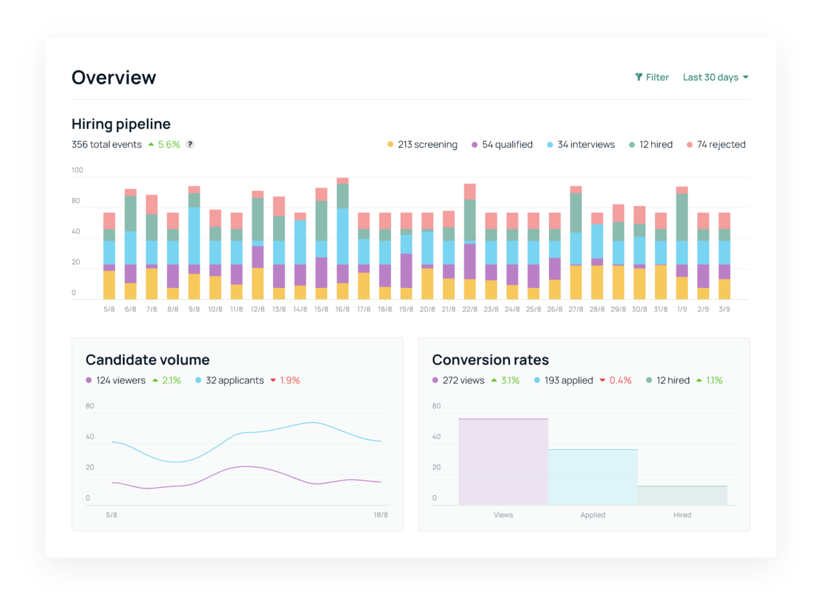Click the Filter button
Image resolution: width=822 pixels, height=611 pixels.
[652, 77]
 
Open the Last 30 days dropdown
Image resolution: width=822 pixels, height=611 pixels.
[715, 77]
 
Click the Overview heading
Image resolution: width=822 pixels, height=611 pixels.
[114, 78]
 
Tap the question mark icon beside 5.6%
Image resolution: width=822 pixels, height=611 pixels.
[190, 145]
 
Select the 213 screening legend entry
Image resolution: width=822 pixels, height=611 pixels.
[422, 145]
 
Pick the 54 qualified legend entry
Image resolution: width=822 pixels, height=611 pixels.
[502, 145]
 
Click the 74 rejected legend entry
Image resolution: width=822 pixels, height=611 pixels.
[716, 145]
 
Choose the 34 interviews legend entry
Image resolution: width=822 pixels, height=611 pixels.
[581, 145]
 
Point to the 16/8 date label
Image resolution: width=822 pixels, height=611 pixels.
[342, 309]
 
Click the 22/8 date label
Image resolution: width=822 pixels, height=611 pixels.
[469, 309]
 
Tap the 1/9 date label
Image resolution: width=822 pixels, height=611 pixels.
[681, 309]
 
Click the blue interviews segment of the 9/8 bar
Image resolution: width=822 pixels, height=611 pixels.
[194, 235]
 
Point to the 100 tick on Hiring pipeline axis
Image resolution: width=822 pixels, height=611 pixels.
[78, 170]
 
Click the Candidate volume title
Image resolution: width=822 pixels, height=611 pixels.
[148, 360]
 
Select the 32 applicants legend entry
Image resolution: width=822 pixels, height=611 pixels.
[229, 380]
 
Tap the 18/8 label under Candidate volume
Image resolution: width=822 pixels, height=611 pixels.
[381, 515]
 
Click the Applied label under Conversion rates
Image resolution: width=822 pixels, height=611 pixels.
[593, 515]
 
